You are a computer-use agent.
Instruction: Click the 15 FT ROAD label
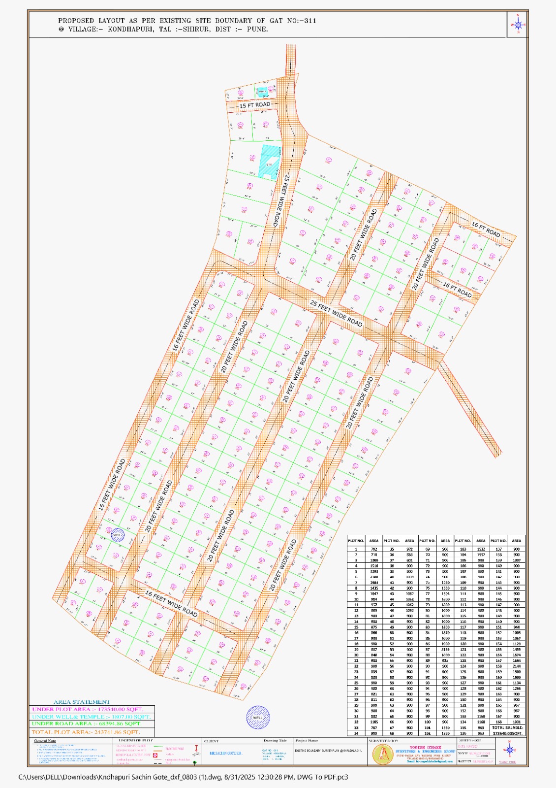pos(255,105)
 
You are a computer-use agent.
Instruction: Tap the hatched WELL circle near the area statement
pos(258,717)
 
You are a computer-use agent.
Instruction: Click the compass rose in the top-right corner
pos(518,24)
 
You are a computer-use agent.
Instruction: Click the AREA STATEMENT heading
pos(82,702)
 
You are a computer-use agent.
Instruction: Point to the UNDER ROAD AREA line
pos(86,723)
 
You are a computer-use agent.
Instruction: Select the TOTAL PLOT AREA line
pos(86,732)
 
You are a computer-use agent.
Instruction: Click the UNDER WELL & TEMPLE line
pos(92,717)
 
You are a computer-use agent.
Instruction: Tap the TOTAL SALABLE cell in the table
pos(507,727)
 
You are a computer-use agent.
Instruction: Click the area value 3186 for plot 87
pos(445,650)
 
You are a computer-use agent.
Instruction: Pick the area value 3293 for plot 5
pos(374,571)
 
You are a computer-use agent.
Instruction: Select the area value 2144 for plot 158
pos(516,666)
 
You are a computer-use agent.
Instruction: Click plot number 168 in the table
pos(498,722)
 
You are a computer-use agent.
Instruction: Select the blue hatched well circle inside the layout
pos(117,534)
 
